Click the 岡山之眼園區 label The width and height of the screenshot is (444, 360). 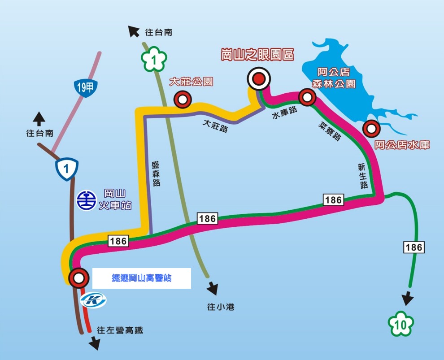coord(257,55)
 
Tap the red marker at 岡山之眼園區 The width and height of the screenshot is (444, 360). coord(259,79)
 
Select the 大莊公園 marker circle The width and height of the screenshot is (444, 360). coord(183,100)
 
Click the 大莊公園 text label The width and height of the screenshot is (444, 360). coord(191,82)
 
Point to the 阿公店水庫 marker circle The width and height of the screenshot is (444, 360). coord(371,129)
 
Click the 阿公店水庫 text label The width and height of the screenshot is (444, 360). coord(402,145)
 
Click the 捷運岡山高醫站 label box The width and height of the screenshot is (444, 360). coord(142,278)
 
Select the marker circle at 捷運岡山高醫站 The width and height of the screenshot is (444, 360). coord(79,278)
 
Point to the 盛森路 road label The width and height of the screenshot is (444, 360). coord(156,174)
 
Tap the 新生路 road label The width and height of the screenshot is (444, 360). coord(362,176)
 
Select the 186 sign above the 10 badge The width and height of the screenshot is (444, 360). coord(414,247)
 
